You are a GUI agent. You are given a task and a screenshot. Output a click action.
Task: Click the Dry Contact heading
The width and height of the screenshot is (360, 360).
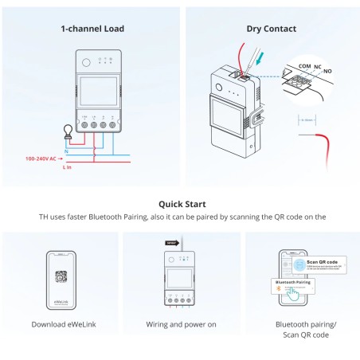(x=271, y=29)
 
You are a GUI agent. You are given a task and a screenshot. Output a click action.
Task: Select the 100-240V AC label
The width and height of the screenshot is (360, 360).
(x=42, y=158)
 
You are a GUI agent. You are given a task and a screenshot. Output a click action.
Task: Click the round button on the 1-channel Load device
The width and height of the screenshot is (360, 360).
(x=85, y=61)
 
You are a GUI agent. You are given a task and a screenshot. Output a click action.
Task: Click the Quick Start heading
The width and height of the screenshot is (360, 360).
(x=180, y=204)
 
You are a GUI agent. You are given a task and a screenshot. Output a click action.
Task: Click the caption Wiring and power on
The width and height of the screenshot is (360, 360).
(x=180, y=324)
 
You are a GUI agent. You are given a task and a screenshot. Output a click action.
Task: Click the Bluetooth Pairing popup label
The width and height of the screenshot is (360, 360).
(x=292, y=281)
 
